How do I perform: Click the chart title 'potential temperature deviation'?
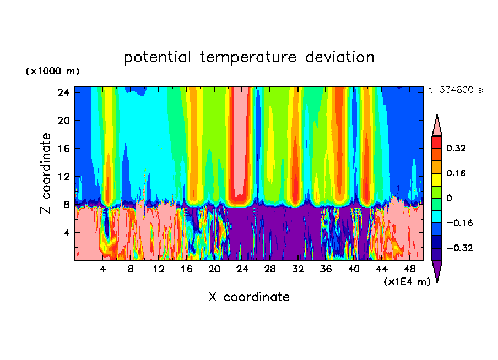[x=249, y=57]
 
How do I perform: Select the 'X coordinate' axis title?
[x=249, y=297]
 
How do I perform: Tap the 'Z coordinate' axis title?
[x=46, y=173]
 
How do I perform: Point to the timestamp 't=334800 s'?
[x=455, y=90]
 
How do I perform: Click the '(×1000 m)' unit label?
[x=52, y=72]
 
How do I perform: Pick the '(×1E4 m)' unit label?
[x=407, y=282]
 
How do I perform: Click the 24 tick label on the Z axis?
[x=63, y=92]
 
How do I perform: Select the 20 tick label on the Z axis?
[x=63, y=121]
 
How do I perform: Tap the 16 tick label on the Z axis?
[x=63, y=149]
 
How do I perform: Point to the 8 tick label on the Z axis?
[x=65, y=205]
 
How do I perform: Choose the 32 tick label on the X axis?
[x=298, y=269]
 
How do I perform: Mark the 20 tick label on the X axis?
[x=214, y=269]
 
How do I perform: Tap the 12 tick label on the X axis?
[x=159, y=269]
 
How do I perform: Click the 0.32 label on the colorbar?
[x=456, y=148]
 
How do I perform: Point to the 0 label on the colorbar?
[x=449, y=198]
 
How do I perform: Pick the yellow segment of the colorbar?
[x=437, y=179]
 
